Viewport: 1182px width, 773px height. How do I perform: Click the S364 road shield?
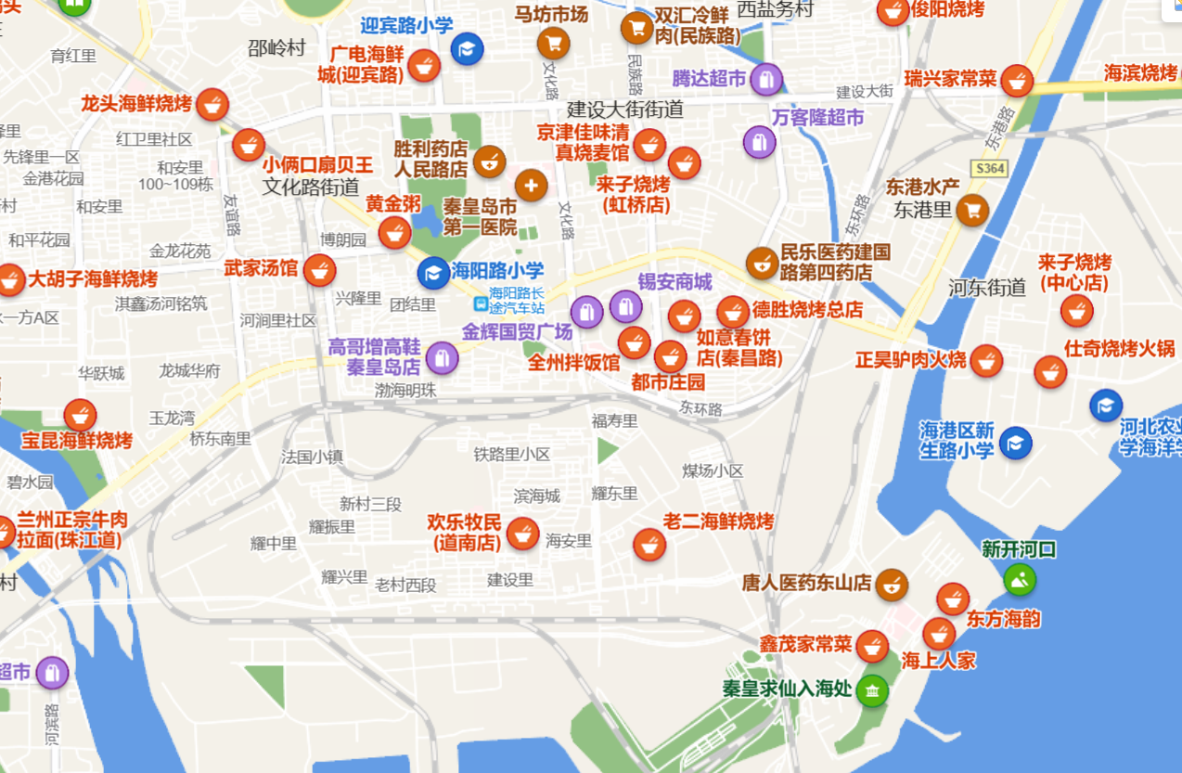[990, 168]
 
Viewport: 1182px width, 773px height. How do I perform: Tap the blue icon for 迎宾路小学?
[467, 48]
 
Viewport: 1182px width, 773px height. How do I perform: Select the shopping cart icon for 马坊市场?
[553, 43]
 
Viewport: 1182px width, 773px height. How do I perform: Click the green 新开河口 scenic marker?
[1020, 580]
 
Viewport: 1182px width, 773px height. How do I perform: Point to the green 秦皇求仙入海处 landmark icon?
[871, 690]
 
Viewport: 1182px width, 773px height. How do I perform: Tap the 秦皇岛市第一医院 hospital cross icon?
[531, 186]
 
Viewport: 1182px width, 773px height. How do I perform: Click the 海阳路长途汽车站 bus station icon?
[481, 303]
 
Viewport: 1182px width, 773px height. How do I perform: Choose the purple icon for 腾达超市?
[765, 80]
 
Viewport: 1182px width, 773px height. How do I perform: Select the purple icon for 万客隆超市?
[759, 142]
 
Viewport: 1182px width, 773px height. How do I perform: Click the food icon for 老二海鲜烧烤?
[649, 544]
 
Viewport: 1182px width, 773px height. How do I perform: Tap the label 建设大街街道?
[625, 109]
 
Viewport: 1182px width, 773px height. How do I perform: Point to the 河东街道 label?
[987, 288]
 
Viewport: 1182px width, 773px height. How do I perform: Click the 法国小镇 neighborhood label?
[313, 457]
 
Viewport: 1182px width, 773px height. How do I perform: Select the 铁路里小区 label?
[512, 454]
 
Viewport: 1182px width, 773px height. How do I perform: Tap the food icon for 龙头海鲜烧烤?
[212, 104]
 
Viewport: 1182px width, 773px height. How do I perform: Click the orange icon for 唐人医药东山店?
[892, 585]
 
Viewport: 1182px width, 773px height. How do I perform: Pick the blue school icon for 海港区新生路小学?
[1016, 444]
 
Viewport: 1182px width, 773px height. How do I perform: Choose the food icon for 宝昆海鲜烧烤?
[81, 415]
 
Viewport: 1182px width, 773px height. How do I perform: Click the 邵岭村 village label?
[276, 48]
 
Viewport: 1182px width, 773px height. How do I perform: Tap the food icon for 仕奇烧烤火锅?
[1050, 372]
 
